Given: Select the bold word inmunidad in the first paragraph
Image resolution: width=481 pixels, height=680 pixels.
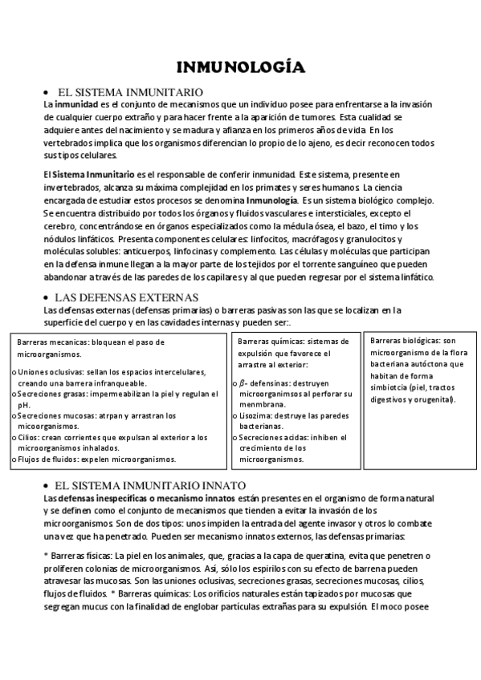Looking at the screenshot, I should pyautogui.click(x=76, y=104).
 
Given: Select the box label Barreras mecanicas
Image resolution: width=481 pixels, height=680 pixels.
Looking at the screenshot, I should pyautogui.click(x=50, y=342).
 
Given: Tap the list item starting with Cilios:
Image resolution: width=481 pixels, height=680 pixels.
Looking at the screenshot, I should pyautogui.click(x=111, y=438).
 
